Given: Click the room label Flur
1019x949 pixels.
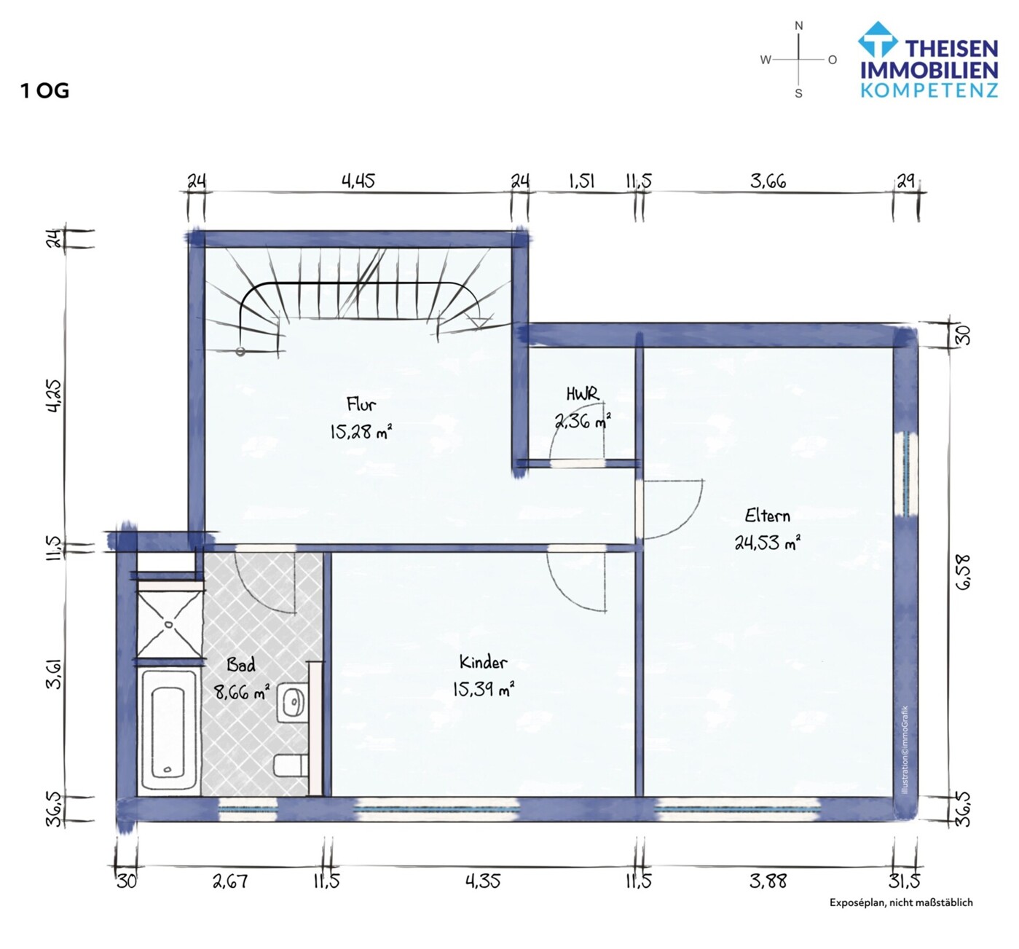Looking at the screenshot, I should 361,403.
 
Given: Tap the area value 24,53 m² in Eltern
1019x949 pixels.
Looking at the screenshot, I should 767,543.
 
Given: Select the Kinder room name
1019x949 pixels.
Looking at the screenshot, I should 483,662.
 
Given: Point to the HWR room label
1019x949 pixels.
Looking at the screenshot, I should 582,394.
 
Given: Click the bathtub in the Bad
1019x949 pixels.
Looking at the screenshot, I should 168,728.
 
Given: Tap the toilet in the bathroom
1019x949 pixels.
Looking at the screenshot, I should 290,765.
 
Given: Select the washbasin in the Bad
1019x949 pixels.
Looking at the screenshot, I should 293,703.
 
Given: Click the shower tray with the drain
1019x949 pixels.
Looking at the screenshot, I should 169,623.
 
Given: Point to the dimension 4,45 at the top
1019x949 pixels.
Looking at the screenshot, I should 358,181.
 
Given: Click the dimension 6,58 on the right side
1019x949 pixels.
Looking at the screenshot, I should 963,572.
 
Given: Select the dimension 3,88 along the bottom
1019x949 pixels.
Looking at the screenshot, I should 768,881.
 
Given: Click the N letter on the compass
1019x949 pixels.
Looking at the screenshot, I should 798,26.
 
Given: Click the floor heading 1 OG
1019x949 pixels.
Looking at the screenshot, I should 45,91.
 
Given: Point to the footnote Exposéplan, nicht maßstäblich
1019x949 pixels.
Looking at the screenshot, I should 901,902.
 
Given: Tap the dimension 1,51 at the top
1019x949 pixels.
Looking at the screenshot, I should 581,181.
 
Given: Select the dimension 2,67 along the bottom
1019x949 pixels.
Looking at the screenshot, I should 230,881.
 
